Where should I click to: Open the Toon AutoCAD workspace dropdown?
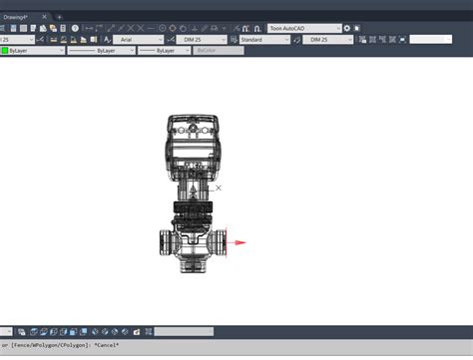[x=304, y=28]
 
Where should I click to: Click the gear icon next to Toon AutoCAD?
[x=350, y=28]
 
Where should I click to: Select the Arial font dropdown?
[x=140, y=39]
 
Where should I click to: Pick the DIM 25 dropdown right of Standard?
[x=326, y=39]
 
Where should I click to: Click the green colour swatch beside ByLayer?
[x=5, y=50]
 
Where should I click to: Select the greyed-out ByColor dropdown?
[x=217, y=50]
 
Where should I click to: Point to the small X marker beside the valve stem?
[x=219, y=187]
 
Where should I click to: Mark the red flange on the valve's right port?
[x=228, y=241]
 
